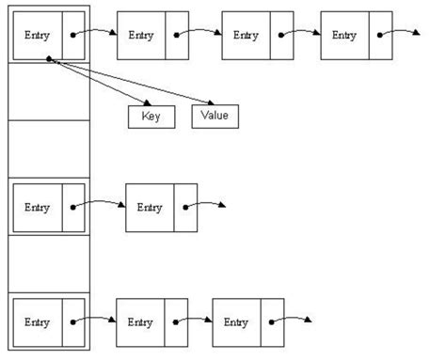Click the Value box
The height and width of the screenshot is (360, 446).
215,117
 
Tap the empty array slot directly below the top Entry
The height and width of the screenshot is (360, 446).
50,91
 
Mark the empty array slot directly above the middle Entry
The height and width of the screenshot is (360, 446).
50,148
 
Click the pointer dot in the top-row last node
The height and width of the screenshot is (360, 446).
381,37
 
